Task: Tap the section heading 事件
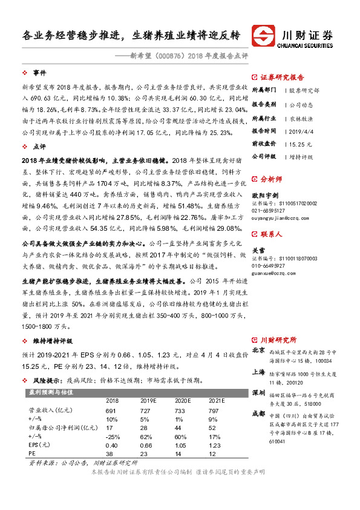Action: tap(40, 71)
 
